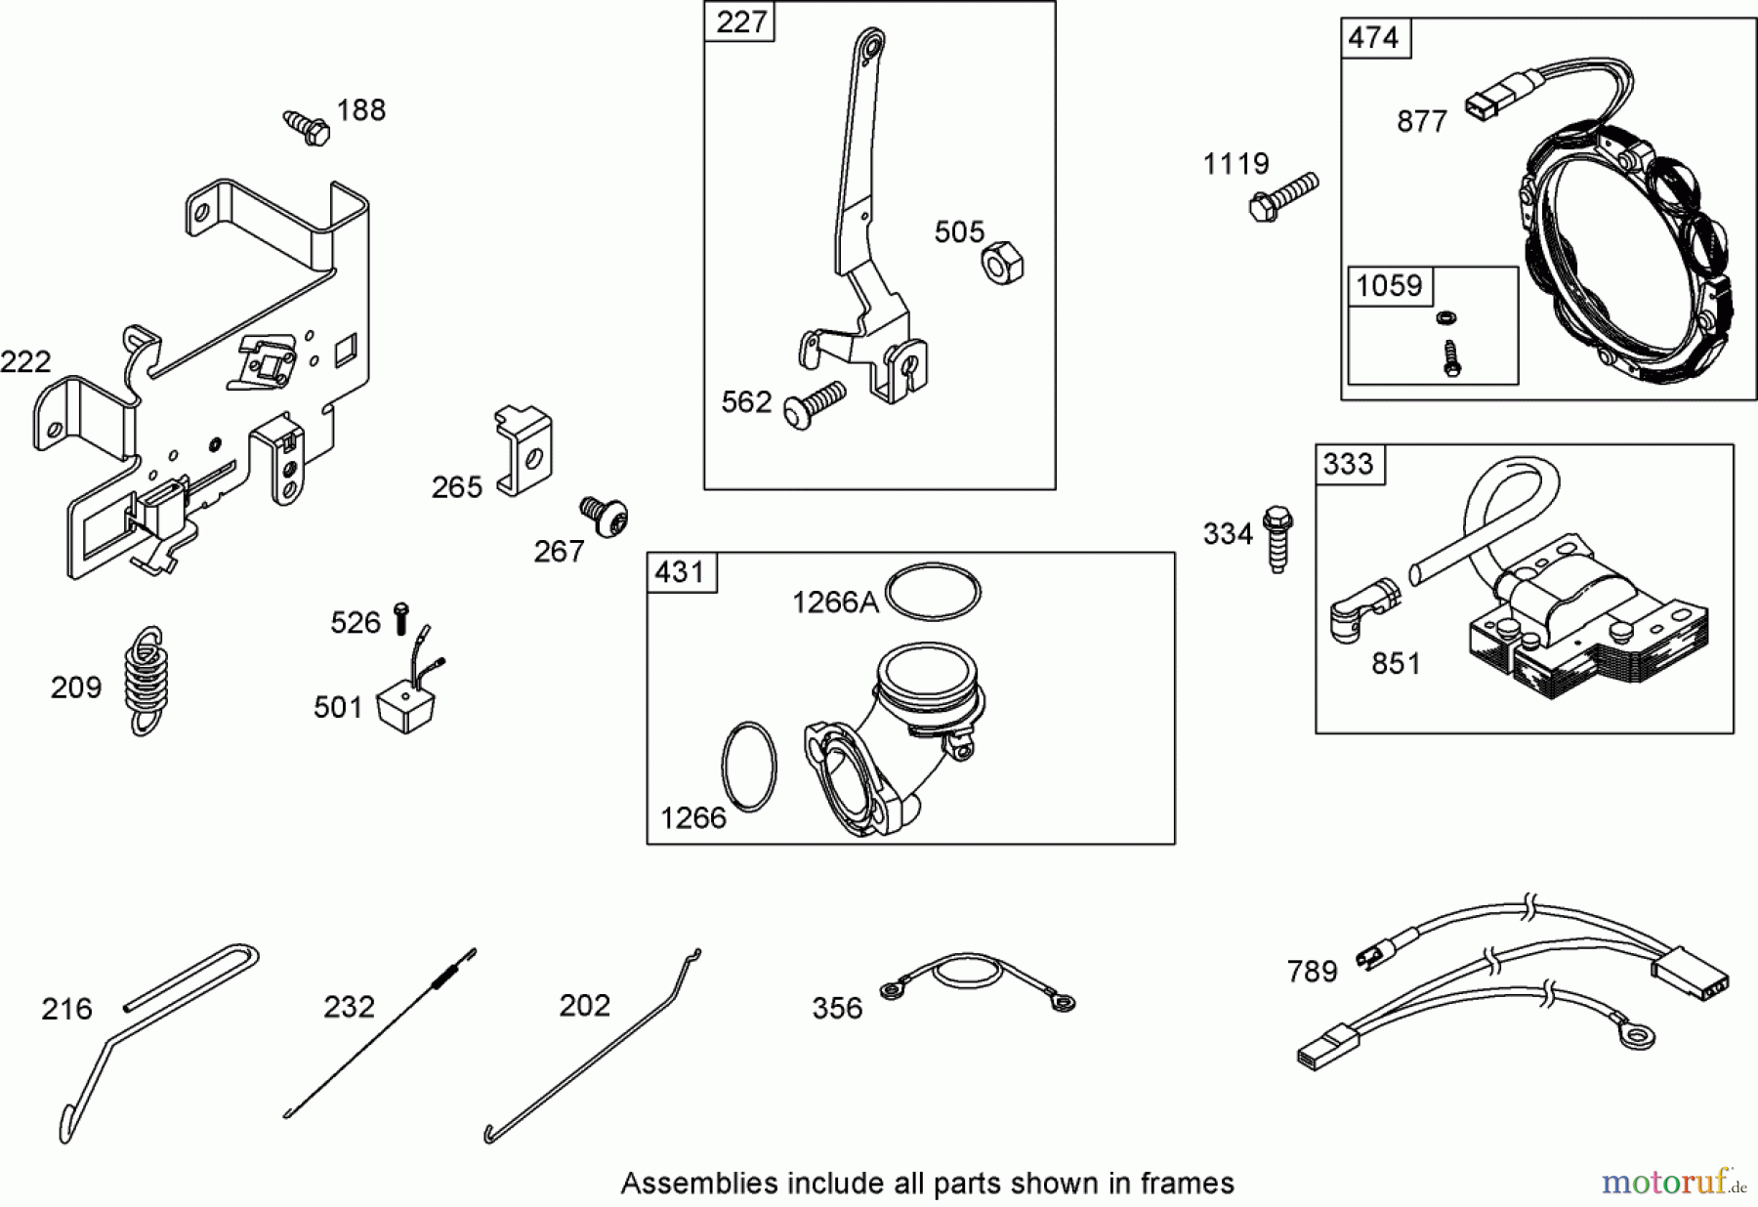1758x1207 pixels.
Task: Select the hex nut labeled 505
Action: click(x=1001, y=263)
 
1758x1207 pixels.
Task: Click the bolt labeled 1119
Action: click(x=1283, y=195)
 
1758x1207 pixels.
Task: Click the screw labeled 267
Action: click(x=605, y=516)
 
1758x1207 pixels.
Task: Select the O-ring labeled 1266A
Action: click(x=933, y=592)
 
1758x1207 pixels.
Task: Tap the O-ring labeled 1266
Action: click(x=749, y=767)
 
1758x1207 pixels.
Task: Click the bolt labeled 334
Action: click(x=1277, y=538)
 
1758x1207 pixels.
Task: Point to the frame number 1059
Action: click(x=1389, y=285)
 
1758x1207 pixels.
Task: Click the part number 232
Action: click(x=349, y=1006)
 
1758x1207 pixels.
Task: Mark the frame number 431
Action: click(x=680, y=570)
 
